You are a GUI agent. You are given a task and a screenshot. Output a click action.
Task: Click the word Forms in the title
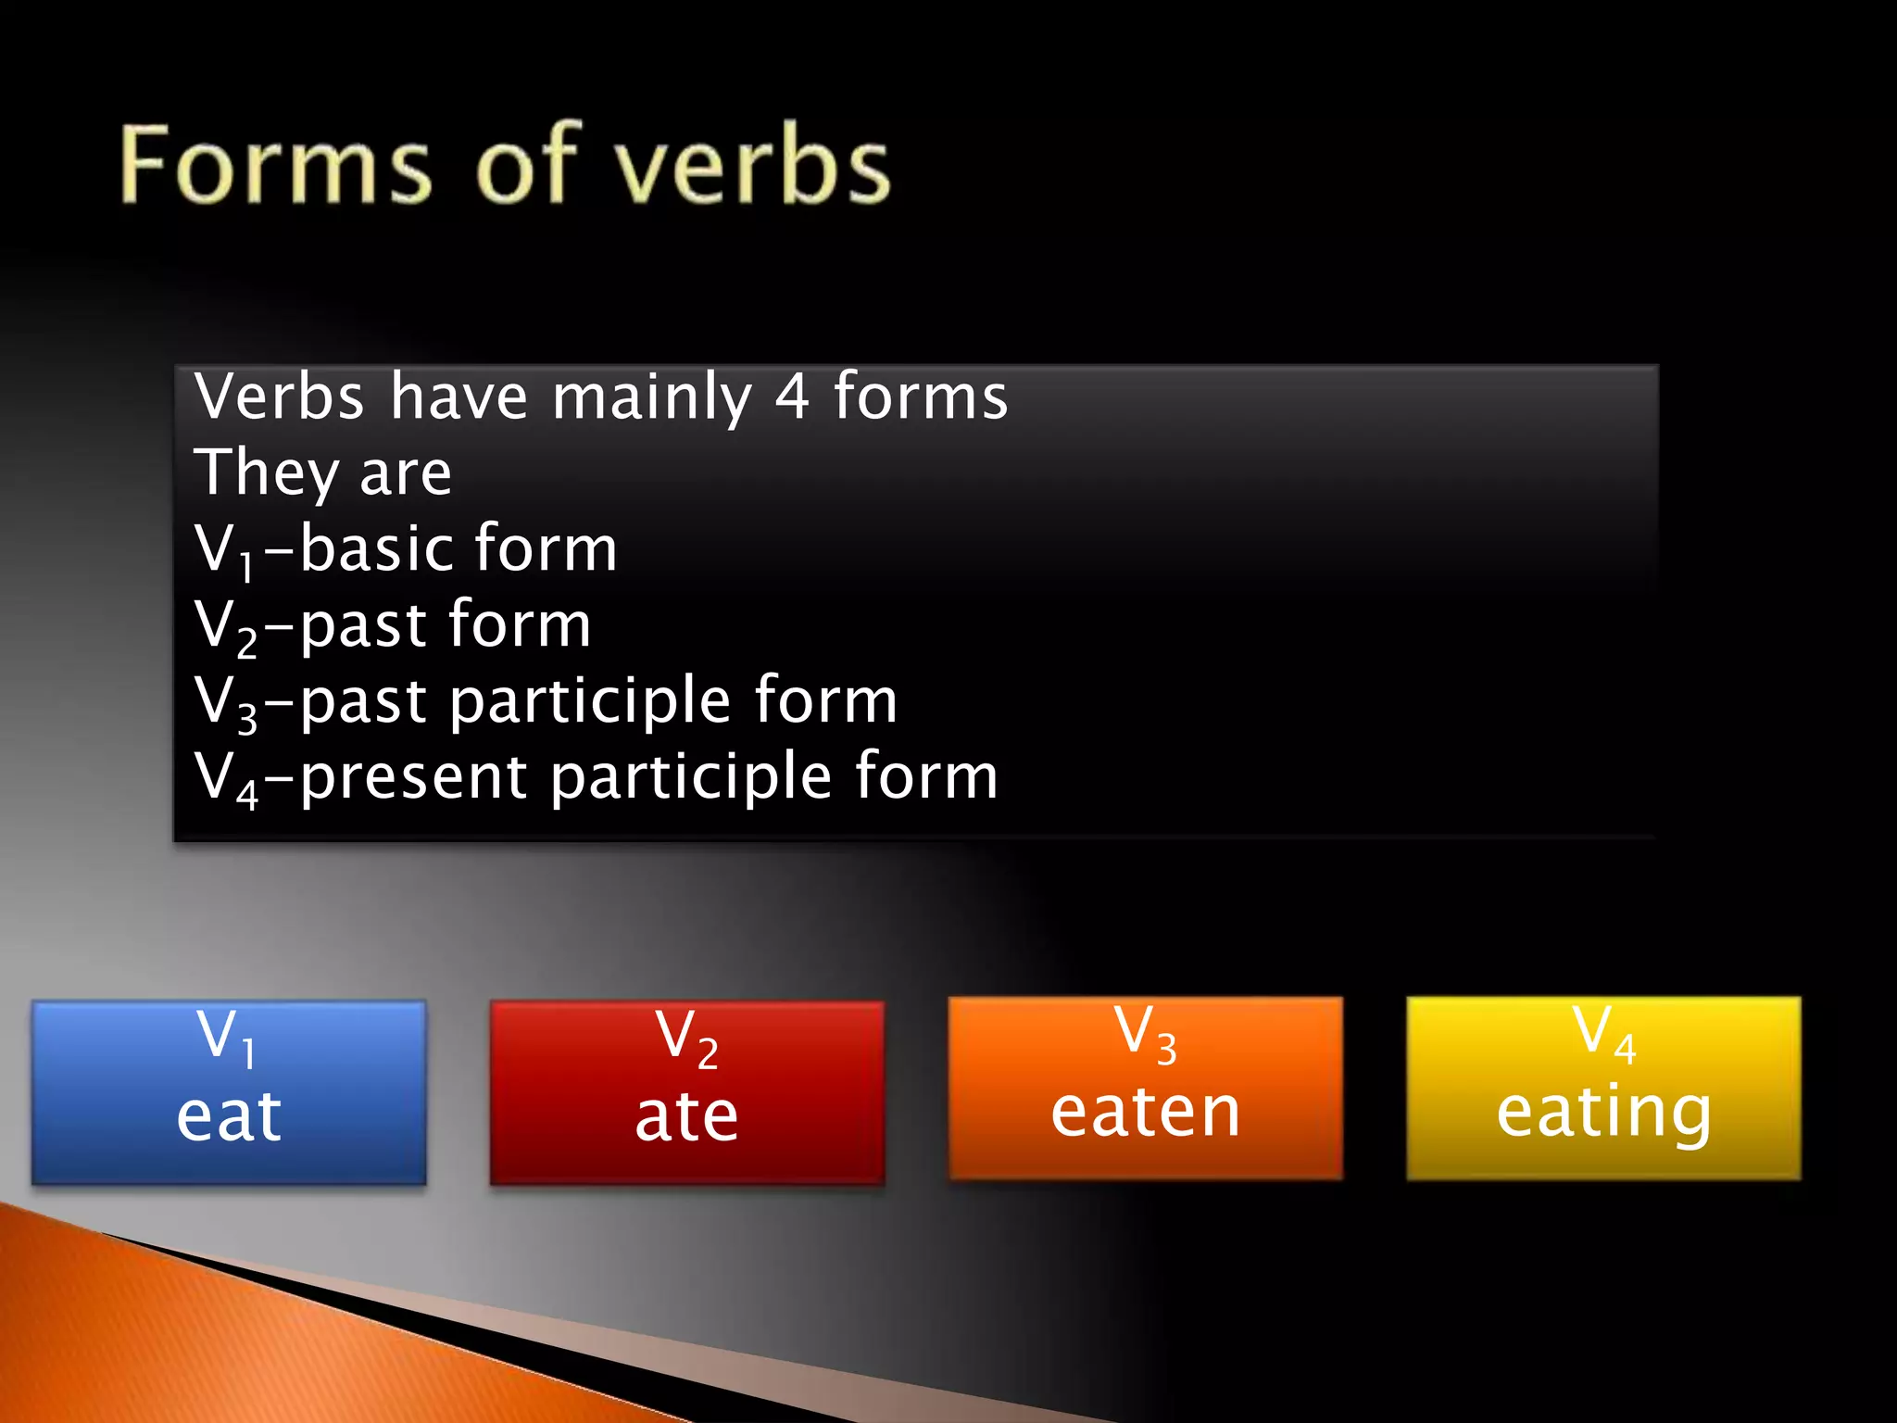[x=276, y=165]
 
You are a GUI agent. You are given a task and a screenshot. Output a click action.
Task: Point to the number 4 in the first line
[x=792, y=397]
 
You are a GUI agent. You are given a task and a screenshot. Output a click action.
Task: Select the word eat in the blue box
[x=229, y=1115]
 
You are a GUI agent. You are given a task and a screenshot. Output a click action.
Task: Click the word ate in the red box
[x=686, y=1115]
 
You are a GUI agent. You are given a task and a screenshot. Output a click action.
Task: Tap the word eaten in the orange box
[x=1146, y=1112]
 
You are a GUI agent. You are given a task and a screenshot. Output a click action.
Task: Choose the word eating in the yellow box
[x=1603, y=1112]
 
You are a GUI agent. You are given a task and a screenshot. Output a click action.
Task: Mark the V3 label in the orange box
[x=1145, y=1032]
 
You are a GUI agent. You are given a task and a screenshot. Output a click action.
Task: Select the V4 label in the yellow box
[x=1603, y=1032]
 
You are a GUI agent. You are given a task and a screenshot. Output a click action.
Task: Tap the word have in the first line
[x=459, y=397]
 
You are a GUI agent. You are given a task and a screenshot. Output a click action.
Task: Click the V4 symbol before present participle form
[x=225, y=778]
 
